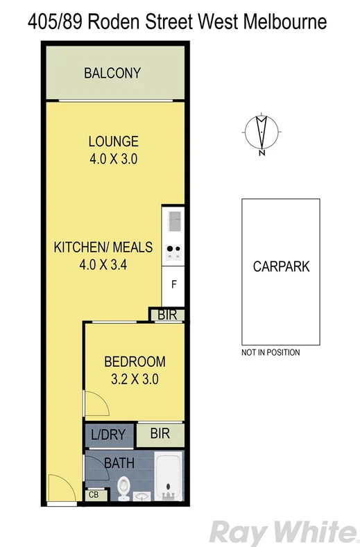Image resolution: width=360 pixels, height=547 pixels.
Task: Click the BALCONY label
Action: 112,73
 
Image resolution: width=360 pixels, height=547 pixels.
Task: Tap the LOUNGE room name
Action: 113,141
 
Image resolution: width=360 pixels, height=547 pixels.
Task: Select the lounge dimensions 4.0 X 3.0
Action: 113,159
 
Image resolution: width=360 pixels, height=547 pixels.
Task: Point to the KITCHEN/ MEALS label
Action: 94,247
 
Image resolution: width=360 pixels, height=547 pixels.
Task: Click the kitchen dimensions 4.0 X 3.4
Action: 94,264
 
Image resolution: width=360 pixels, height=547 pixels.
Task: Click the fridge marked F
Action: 173,284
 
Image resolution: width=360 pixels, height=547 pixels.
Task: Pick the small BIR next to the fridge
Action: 167,315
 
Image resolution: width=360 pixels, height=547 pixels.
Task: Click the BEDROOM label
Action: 135,361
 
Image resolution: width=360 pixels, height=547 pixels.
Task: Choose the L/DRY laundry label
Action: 108,435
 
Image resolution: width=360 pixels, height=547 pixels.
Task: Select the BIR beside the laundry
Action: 160,435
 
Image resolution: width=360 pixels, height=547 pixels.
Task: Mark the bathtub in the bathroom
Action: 168,478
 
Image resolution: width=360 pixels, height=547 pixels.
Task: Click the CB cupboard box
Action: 94,495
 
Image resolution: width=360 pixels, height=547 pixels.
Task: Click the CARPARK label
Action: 280,266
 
